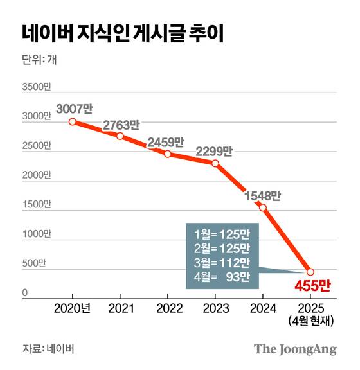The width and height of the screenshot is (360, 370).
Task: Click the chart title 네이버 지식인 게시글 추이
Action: point(118,34)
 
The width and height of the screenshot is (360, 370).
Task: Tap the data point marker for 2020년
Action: point(73,121)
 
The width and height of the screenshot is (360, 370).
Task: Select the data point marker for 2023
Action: point(215,163)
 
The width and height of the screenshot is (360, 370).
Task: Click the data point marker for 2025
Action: point(310,272)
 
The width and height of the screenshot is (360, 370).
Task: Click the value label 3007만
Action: point(75,108)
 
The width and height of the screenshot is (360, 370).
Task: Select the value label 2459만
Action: point(166,141)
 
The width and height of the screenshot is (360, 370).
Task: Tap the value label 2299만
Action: point(213,151)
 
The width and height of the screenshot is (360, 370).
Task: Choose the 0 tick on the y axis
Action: point(26,294)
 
